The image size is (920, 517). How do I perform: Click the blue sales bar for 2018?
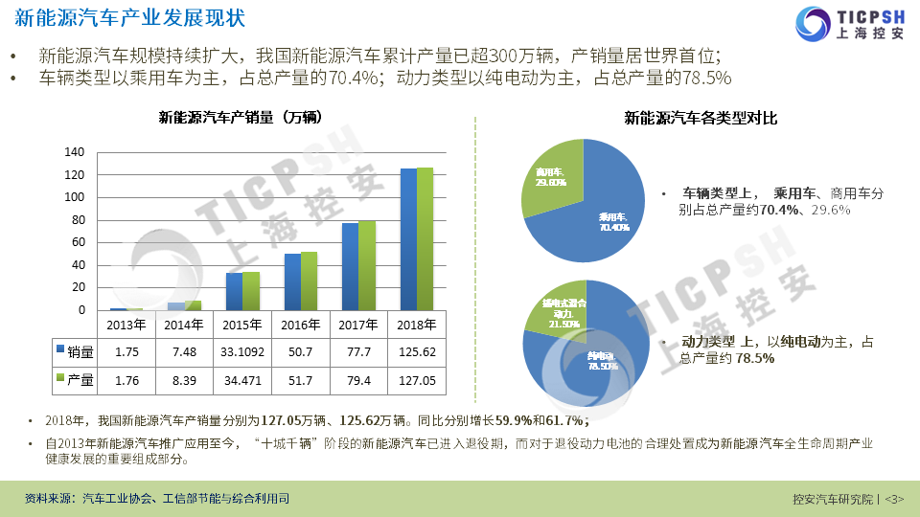tap(408, 239)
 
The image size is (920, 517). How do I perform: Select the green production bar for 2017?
tap(367, 265)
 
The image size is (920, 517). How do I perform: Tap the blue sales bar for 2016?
tap(292, 281)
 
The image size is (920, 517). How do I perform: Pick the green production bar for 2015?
tap(251, 291)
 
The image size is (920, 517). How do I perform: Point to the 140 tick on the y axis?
tap(75, 152)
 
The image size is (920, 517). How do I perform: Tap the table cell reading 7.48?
tap(184, 352)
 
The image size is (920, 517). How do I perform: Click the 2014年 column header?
tap(184, 324)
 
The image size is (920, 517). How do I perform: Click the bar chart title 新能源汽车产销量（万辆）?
tap(240, 118)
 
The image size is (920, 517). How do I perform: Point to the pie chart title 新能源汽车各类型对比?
tap(701, 119)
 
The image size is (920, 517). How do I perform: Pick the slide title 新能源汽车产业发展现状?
tap(129, 18)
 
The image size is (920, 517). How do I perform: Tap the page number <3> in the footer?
tap(894, 499)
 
